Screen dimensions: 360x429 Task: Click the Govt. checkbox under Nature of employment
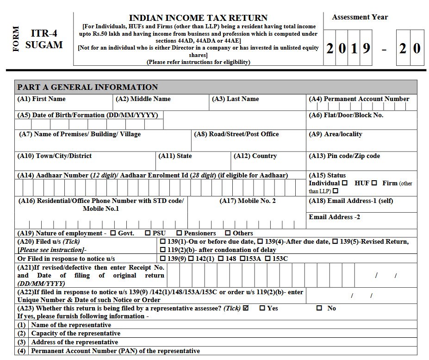[113, 233]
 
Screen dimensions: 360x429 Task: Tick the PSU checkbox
[148, 233]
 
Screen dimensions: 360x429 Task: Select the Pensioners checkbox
[179, 233]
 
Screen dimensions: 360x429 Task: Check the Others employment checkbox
[228, 233]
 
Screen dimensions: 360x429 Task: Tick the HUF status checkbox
[374, 183]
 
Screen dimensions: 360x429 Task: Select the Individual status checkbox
[344, 183]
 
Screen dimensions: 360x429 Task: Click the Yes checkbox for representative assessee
[262, 308]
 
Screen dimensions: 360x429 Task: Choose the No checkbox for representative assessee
[319, 308]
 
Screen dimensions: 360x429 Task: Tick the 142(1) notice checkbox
[191, 259]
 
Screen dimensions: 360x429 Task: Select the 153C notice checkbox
[267, 259]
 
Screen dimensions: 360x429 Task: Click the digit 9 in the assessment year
[366, 48]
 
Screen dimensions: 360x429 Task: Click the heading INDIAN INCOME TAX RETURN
[198, 18]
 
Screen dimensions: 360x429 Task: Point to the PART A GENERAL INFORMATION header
[87, 87]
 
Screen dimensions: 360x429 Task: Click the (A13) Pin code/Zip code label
[344, 156]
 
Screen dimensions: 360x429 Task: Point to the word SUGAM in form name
[44, 45]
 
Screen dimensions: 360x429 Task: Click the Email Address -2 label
[334, 217]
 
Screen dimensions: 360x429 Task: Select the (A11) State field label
[175, 156]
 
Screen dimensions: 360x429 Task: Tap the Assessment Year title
[360, 17]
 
